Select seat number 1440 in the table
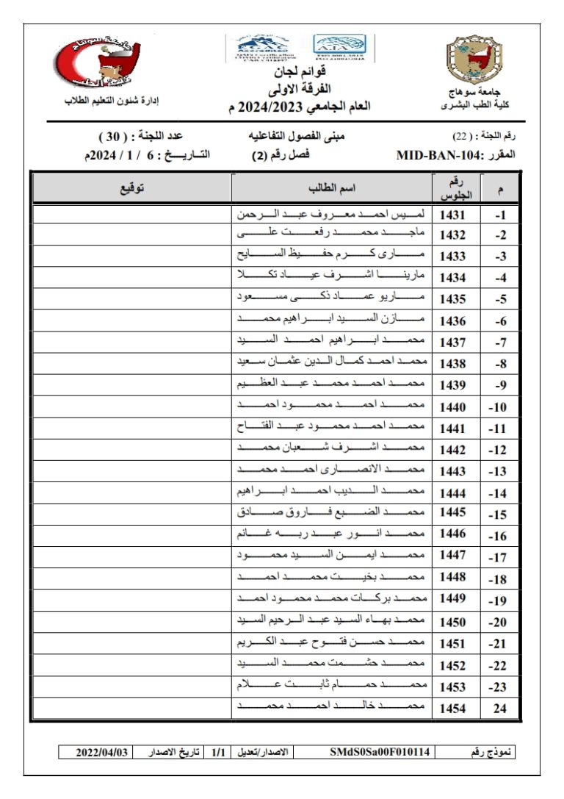(452, 406)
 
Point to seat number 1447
(452, 555)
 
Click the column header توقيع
(132, 188)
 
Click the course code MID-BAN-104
(439, 156)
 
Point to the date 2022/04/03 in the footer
(103, 752)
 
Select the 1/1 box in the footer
(218, 752)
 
